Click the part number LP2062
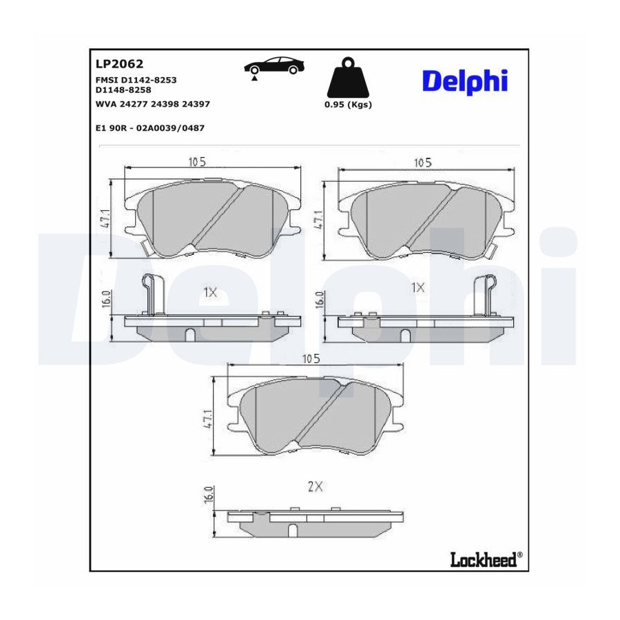pyautogui.click(x=119, y=63)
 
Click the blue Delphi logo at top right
pyautogui.click(x=465, y=82)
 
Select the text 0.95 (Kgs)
pyautogui.click(x=348, y=105)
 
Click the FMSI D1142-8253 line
pyautogui.click(x=136, y=80)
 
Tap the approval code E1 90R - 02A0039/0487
pyautogui.click(x=150, y=128)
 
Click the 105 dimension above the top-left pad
pyautogui.click(x=197, y=162)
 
